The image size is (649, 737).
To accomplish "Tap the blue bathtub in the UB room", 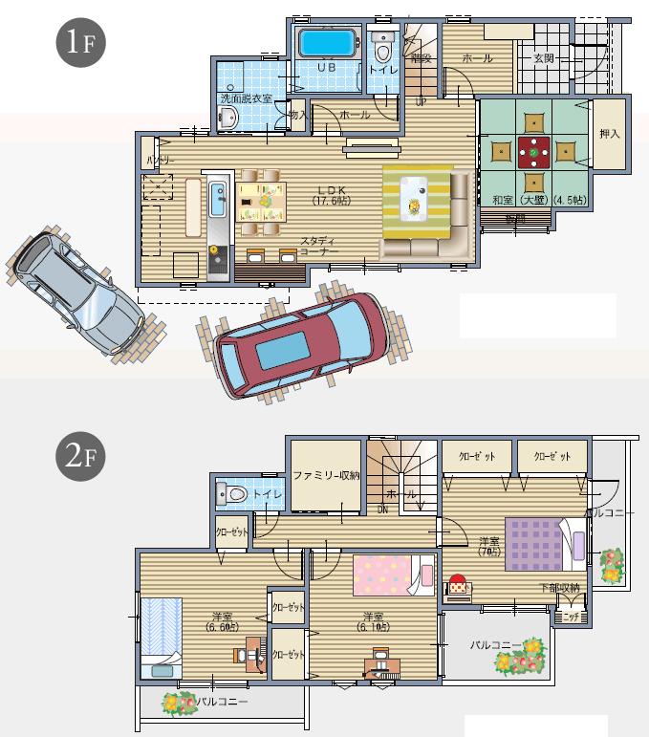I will [327, 44].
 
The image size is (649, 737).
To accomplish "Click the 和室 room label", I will [503, 201].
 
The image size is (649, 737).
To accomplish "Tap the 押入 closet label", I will [609, 134].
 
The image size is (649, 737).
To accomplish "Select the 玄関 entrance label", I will [544, 59].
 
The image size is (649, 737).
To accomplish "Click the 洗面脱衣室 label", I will [246, 98].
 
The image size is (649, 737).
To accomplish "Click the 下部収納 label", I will [558, 589].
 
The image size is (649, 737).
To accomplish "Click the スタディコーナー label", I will [319, 246].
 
